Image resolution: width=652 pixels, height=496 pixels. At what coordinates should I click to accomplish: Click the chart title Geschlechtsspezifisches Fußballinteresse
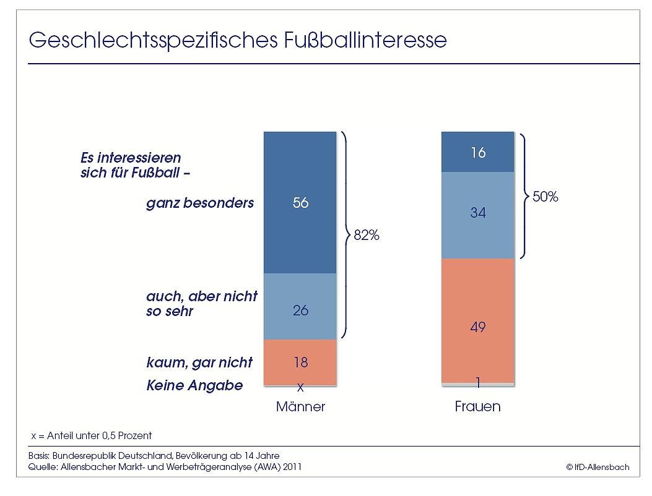click(238, 41)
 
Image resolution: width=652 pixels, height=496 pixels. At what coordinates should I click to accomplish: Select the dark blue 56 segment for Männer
click(300, 203)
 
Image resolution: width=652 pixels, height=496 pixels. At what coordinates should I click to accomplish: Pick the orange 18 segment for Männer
click(300, 362)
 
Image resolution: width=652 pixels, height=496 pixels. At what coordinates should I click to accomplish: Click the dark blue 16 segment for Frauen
click(477, 152)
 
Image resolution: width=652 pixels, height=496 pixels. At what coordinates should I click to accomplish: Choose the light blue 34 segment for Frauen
click(477, 213)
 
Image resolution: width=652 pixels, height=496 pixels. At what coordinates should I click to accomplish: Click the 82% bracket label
click(366, 236)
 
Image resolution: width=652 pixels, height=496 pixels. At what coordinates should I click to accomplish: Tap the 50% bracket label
click(546, 197)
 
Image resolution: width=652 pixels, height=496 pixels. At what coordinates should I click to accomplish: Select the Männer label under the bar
click(300, 407)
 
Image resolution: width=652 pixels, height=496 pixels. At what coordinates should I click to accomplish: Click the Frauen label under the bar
click(477, 407)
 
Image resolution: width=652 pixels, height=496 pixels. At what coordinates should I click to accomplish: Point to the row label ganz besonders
click(200, 203)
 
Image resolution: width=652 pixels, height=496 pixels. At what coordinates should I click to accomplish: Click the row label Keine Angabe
click(194, 385)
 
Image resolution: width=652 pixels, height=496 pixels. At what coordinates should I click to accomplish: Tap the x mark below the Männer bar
click(300, 388)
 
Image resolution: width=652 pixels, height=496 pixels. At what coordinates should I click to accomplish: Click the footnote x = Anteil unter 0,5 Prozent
click(92, 435)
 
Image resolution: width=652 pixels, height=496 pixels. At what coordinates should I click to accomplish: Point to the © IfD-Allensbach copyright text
click(598, 467)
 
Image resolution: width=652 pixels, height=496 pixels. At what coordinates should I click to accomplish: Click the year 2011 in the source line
click(291, 467)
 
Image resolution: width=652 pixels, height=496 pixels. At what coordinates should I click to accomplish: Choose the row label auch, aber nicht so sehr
click(201, 303)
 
